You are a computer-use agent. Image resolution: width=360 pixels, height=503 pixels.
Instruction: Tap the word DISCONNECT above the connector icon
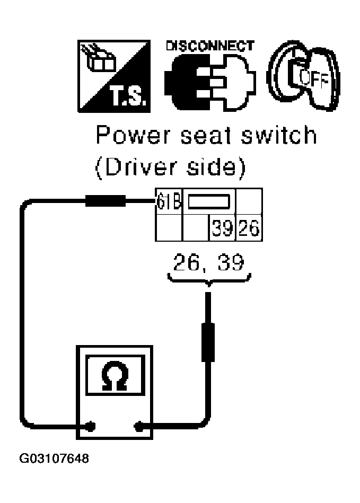point(210,46)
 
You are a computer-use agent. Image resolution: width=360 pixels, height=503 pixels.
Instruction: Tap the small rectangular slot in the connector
point(209,201)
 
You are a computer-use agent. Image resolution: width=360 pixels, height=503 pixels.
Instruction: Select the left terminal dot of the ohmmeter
point(91,425)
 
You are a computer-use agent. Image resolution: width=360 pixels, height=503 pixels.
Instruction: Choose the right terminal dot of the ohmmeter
point(141,425)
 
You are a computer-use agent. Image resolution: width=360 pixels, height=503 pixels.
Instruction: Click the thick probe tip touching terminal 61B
point(104,200)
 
